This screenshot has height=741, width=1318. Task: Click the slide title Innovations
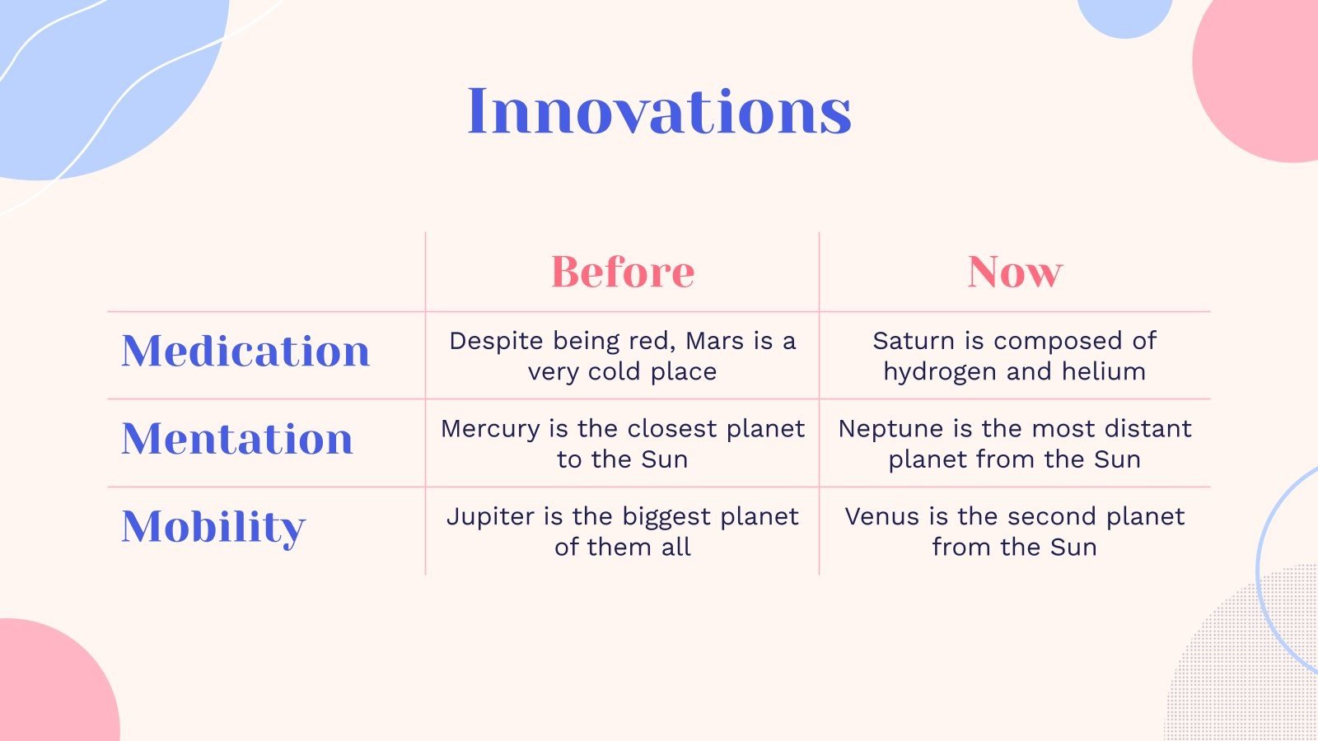point(659,111)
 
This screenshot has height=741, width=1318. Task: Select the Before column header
point(623,272)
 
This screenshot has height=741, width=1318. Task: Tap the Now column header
point(1015,272)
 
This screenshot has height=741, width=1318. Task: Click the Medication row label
point(245,351)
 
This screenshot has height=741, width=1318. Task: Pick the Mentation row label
point(237,438)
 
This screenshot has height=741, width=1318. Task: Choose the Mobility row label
point(213,528)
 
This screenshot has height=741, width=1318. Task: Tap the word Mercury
point(490,430)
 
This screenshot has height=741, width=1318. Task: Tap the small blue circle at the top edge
point(1124,16)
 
